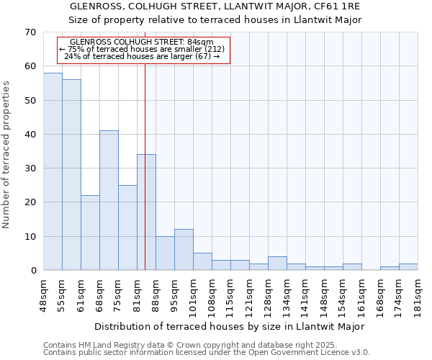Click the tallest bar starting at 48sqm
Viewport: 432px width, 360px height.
pos(53,171)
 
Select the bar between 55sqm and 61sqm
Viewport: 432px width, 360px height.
pos(71,175)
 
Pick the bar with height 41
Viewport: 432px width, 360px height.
pos(109,200)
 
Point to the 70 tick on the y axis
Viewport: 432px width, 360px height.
pos(30,32)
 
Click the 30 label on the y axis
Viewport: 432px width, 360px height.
pos(30,168)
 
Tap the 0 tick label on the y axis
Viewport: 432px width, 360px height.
pos(33,271)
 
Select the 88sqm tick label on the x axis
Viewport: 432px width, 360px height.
pos(156,294)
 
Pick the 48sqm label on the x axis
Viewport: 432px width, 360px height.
pos(43,294)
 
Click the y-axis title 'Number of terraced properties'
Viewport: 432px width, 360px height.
pos(6,154)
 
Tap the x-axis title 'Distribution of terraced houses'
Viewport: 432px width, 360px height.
pos(230,326)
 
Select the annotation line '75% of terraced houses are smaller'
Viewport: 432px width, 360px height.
pos(142,49)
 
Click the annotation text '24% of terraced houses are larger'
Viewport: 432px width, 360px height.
pos(142,56)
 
